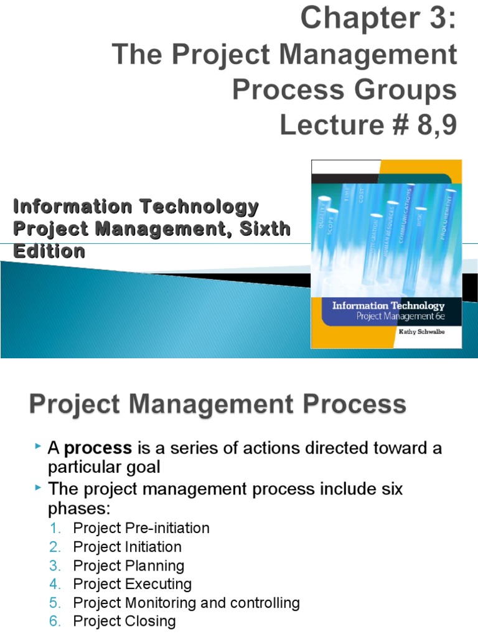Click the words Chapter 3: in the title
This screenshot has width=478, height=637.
pos(378,19)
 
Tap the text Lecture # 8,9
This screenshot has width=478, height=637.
pos(368,125)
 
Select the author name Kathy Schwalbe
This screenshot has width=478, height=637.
pos(421,332)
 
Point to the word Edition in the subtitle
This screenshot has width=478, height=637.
pos(49,251)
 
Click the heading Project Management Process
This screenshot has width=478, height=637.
pos(217,405)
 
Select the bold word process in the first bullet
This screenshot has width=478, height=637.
pos(98,448)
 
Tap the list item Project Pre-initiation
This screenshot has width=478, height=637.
pos(141,528)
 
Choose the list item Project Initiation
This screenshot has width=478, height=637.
pos(128,547)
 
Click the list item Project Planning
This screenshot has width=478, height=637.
pos(129,565)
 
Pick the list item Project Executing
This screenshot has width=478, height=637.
pos(133,584)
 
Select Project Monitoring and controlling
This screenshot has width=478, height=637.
pos(186,603)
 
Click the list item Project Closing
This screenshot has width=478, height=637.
pos(124,621)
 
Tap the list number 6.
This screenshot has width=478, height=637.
pos(55,621)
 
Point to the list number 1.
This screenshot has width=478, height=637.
pos(55,528)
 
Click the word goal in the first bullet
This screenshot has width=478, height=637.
pos(143,467)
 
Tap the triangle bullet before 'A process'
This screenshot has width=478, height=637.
pos(39,447)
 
